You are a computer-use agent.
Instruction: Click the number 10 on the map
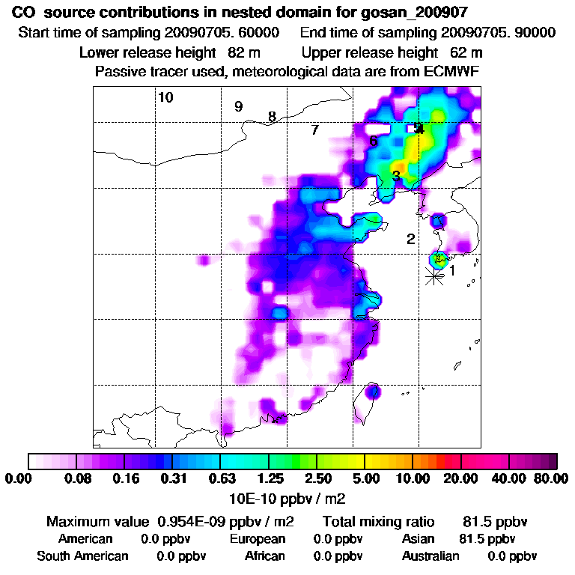(165, 97)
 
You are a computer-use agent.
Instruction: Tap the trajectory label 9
(238, 106)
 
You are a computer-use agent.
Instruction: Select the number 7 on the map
(315, 130)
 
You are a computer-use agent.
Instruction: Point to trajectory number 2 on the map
(410, 240)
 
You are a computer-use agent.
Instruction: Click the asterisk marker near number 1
(433, 276)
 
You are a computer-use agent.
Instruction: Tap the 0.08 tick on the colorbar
(77, 478)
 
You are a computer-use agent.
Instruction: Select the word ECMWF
(453, 71)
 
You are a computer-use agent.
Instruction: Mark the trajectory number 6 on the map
(373, 141)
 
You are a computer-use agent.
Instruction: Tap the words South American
(82, 556)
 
